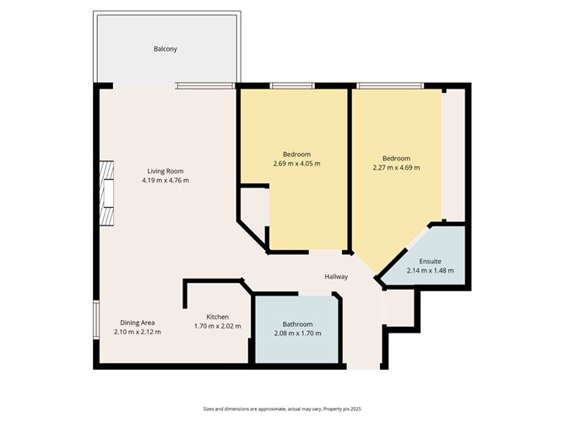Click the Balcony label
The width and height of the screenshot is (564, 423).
pos(165,49)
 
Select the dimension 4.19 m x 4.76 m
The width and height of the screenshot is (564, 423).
pos(165,180)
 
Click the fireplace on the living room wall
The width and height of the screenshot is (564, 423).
pos(106,194)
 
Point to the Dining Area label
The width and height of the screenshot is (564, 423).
pos(137,322)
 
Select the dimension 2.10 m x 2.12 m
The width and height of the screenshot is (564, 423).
pos(137,332)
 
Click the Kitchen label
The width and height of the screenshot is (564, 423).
pos(218,317)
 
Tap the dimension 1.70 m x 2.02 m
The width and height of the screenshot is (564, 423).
pos(218,326)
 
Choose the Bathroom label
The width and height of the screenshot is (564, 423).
pos(297,324)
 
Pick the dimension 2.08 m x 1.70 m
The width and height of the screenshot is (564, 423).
pos(297,334)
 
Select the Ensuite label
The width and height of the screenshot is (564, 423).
pos(431,261)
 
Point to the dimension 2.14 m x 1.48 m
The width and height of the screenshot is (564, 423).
pos(431,271)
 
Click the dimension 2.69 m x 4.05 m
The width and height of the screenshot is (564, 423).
pos(296,163)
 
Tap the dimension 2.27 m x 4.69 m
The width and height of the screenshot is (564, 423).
pos(396,167)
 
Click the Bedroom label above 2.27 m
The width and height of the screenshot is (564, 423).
pos(396,158)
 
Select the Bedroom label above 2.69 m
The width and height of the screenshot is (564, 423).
pos(296,154)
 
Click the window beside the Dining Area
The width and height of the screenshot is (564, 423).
pos(96,318)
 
